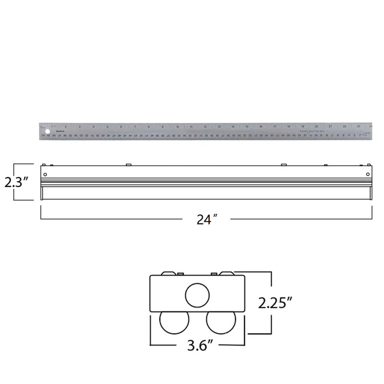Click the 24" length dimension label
(x=207, y=219)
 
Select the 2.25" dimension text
(x=275, y=302)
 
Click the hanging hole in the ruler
(x=48, y=132)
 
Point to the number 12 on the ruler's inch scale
(x=205, y=127)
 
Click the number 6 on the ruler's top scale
(x=121, y=127)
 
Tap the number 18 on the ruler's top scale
(x=288, y=127)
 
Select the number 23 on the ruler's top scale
(x=358, y=127)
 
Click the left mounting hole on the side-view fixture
(x=45, y=174)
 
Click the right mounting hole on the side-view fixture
(x=368, y=174)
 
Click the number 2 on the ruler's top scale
(x=65, y=127)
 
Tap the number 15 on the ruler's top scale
(x=247, y=127)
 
